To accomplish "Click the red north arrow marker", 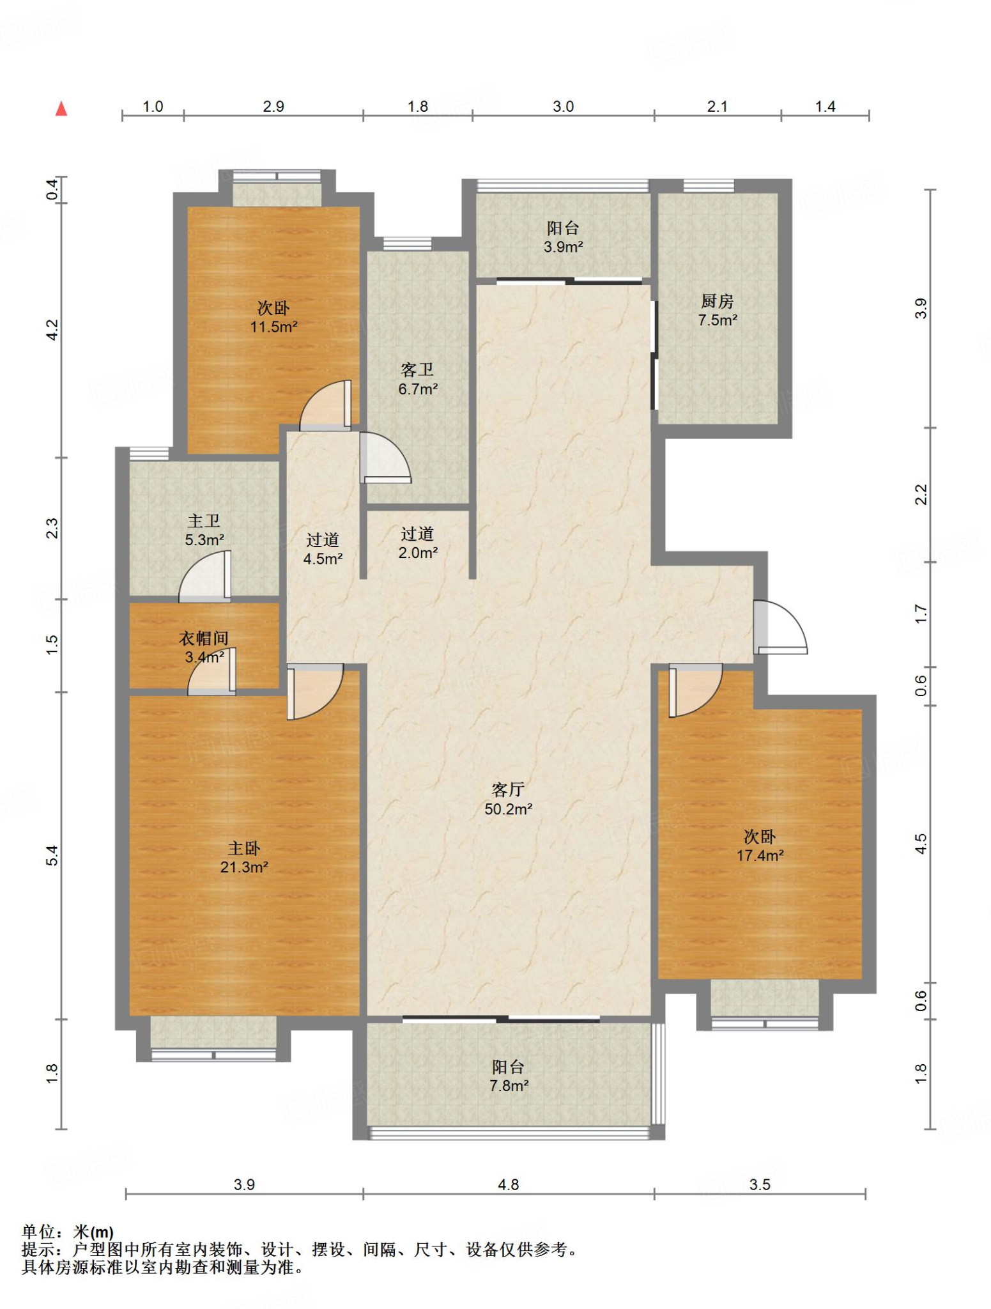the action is (x=61, y=109).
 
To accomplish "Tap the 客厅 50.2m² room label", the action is (x=508, y=799).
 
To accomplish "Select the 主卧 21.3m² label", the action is (x=244, y=858).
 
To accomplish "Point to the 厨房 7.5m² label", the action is (x=718, y=311).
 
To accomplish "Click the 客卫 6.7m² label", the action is (x=418, y=379).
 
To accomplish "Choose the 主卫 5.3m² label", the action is (x=204, y=531).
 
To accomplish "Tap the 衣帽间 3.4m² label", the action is (x=204, y=647).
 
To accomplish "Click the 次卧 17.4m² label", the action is (x=760, y=846).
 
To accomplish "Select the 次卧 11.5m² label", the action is (x=273, y=317).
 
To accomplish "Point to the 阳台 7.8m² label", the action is (x=509, y=1076).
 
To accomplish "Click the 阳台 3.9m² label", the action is (x=563, y=237).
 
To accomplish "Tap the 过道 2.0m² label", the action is (x=418, y=543).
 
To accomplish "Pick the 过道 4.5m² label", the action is (x=323, y=550).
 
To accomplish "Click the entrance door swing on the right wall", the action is (x=780, y=628).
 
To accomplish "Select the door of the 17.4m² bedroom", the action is (x=696, y=690).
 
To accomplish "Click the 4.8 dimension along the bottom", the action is (x=508, y=1184).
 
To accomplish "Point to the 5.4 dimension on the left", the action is (x=52, y=855).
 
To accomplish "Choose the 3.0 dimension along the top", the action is (x=563, y=106).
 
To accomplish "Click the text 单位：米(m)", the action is (x=68, y=1232).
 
